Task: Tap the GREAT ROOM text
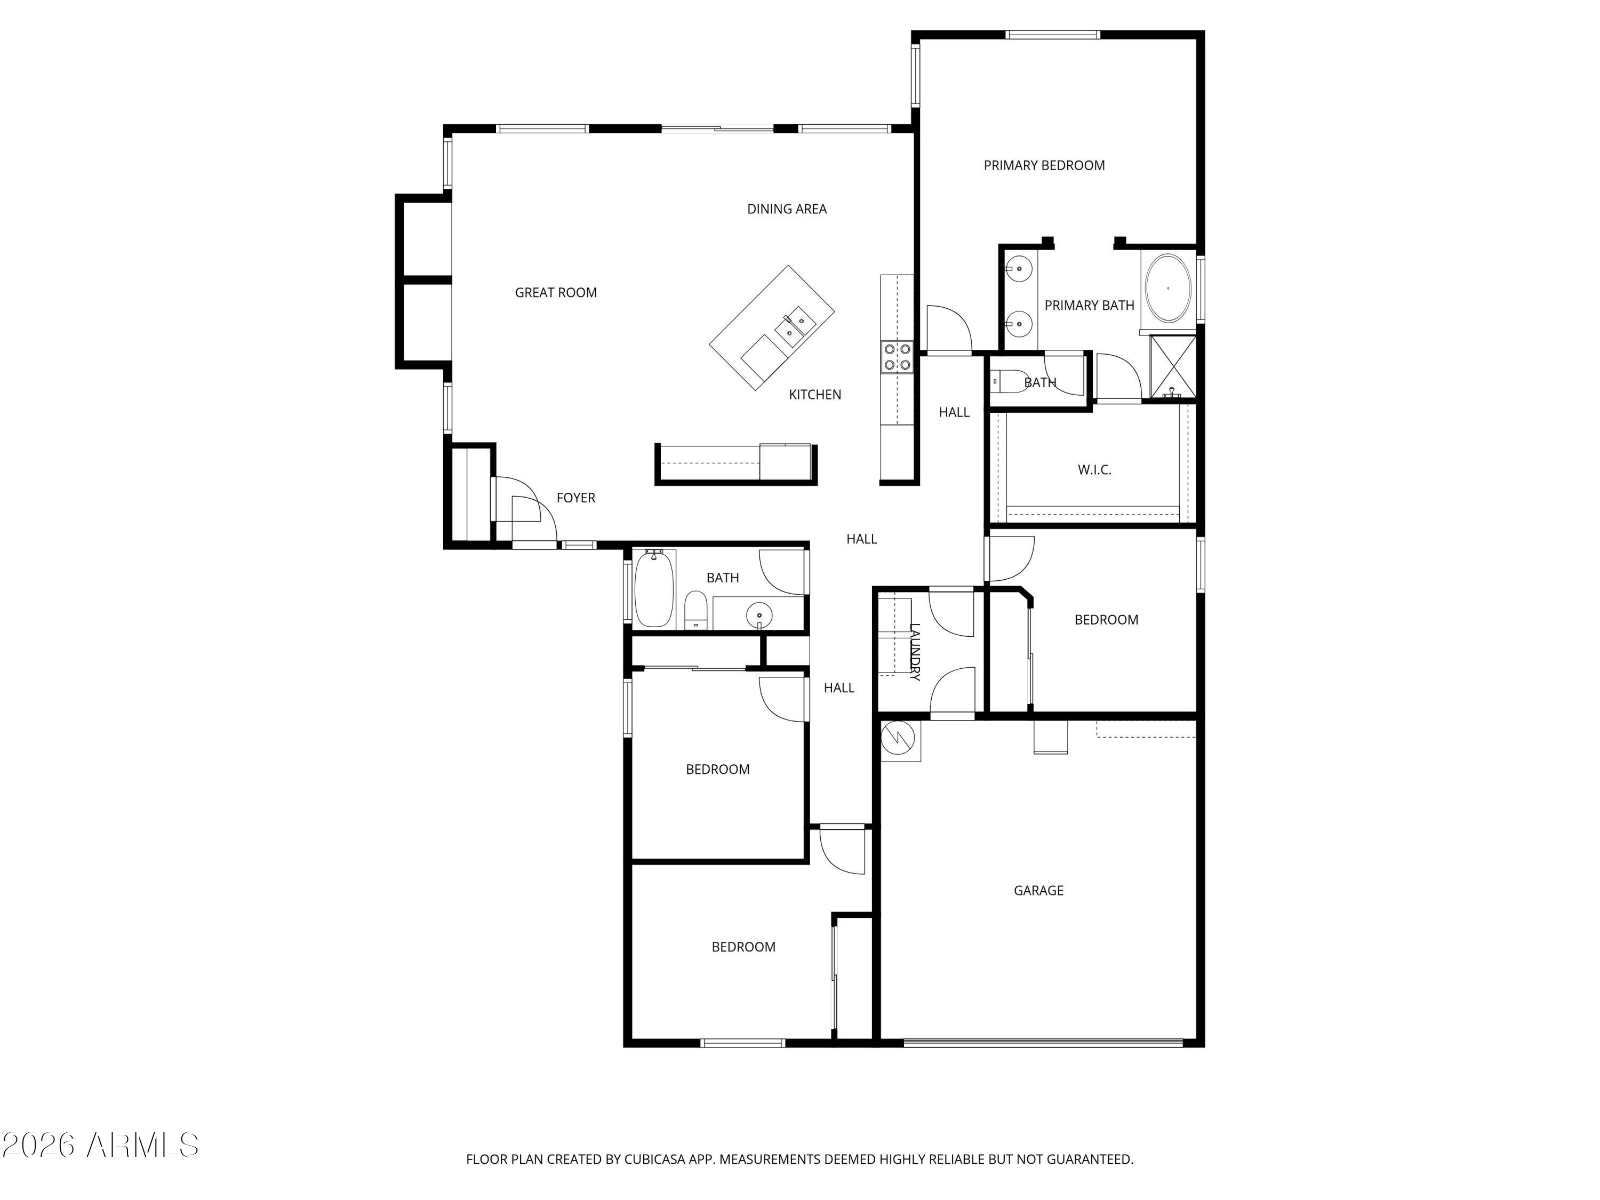pos(556,293)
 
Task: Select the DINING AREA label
pos(786,209)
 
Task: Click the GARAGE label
pos(1038,891)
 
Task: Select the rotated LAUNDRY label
pos(914,652)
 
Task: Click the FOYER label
pos(576,498)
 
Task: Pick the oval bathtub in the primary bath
pos(1168,289)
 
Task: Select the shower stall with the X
pos(1172,367)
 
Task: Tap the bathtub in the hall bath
pos(654,589)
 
